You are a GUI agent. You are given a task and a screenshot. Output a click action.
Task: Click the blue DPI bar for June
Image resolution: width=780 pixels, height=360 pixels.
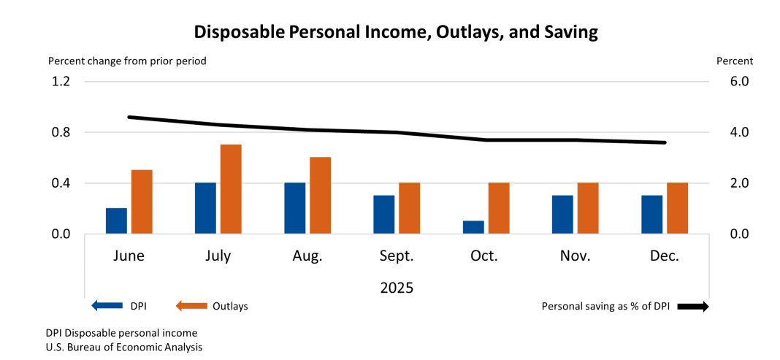point(116,221)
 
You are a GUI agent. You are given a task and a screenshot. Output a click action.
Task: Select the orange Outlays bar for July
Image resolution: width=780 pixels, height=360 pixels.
point(231,189)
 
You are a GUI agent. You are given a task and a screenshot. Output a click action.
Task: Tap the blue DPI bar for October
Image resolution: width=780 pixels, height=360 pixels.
point(473,227)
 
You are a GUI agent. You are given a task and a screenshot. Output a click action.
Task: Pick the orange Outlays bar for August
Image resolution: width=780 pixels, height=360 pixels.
point(320,195)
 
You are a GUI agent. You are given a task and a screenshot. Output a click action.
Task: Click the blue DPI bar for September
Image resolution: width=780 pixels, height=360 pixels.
point(384,214)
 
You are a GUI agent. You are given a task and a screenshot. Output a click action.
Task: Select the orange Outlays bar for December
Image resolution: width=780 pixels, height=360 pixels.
point(677,208)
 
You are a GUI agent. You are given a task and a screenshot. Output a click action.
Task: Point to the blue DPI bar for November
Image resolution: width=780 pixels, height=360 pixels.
point(562,214)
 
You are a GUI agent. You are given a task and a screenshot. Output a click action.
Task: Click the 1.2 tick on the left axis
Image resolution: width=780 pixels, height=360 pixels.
point(60,82)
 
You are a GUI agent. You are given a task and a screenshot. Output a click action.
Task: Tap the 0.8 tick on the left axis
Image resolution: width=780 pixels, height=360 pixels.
point(60,132)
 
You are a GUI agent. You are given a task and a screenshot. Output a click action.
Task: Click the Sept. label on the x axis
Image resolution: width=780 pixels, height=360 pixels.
point(396,256)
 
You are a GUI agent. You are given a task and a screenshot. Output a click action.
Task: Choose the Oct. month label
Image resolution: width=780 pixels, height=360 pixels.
point(484,256)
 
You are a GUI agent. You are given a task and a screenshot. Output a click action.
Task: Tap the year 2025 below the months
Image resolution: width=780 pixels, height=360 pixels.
point(397,288)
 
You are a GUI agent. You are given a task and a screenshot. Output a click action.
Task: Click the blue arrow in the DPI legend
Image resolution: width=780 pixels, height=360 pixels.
point(106,306)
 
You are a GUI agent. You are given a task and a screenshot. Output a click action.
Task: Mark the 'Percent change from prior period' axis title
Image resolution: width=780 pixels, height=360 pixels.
point(127,61)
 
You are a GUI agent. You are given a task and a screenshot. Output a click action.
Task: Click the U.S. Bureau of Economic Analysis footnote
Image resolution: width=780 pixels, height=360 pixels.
point(124,347)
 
